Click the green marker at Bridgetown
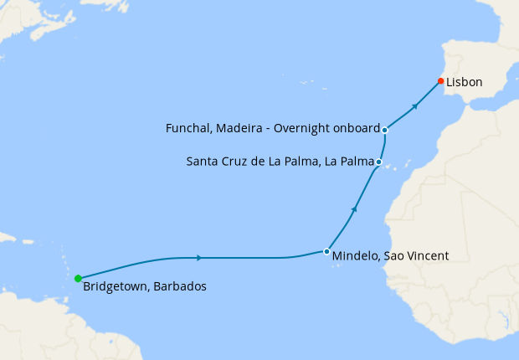point(78,278)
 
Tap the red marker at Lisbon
point(440,81)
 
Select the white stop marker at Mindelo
point(326,251)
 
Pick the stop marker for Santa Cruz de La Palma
point(379,162)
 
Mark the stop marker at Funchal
point(384,130)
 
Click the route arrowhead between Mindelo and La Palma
point(355,208)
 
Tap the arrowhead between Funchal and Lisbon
point(414,106)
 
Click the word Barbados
point(180,286)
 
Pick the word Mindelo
point(355,255)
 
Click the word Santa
point(201,162)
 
